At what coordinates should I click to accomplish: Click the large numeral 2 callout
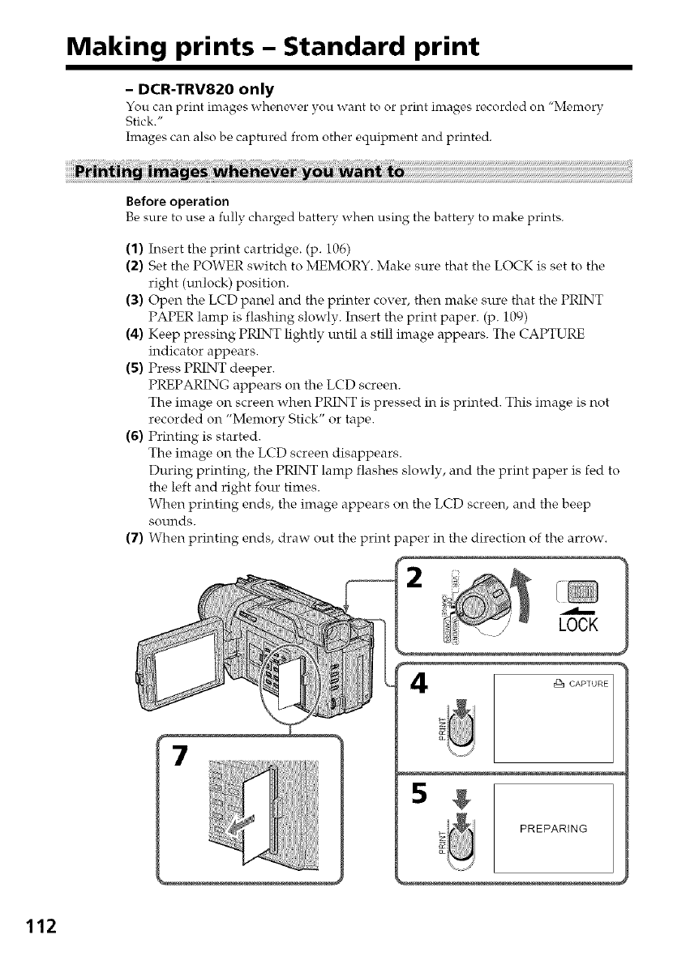tap(416, 580)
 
